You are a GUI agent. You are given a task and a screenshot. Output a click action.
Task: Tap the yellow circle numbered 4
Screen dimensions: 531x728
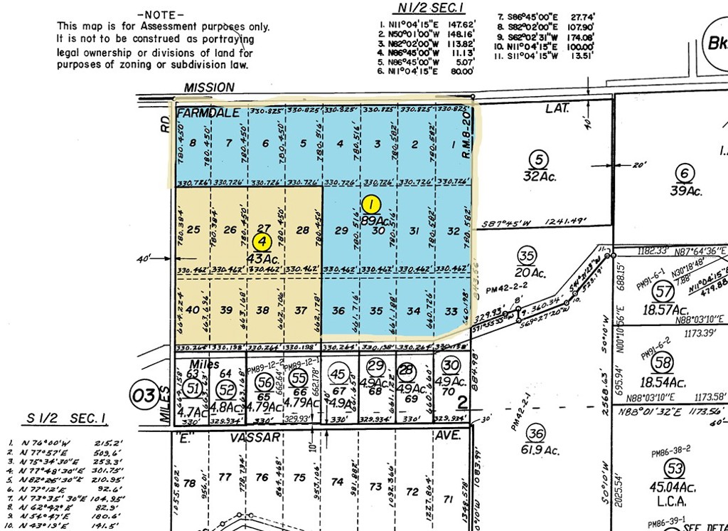pyautogui.click(x=262, y=242)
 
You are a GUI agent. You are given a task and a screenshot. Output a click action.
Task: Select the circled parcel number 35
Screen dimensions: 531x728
pyautogui.click(x=526, y=256)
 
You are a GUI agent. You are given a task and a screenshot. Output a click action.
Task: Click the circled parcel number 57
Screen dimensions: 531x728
pyautogui.click(x=664, y=291)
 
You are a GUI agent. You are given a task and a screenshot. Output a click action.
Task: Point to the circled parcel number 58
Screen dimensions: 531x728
pyautogui.click(x=664, y=363)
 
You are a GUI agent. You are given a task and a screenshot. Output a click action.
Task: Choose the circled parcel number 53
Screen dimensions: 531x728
pyautogui.click(x=673, y=468)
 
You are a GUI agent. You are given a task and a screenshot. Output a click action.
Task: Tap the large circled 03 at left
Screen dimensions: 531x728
pyautogui.click(x=144, y=395)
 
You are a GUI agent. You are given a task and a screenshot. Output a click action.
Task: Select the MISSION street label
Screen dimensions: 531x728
pyautogui.click(x=208, y=87)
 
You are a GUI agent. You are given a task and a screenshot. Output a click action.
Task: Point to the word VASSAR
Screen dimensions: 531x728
pyautogui.click(x=262, y=437)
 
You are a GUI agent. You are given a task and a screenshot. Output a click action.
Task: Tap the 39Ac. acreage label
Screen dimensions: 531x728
pyautogui.click(x=686, y=191)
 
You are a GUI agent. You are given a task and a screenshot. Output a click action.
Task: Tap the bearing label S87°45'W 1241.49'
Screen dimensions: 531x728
pyautogui.click(x=543, y=222)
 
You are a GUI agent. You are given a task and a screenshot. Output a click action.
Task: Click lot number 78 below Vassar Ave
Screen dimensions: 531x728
pyautogui.click(x=189, y=484)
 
